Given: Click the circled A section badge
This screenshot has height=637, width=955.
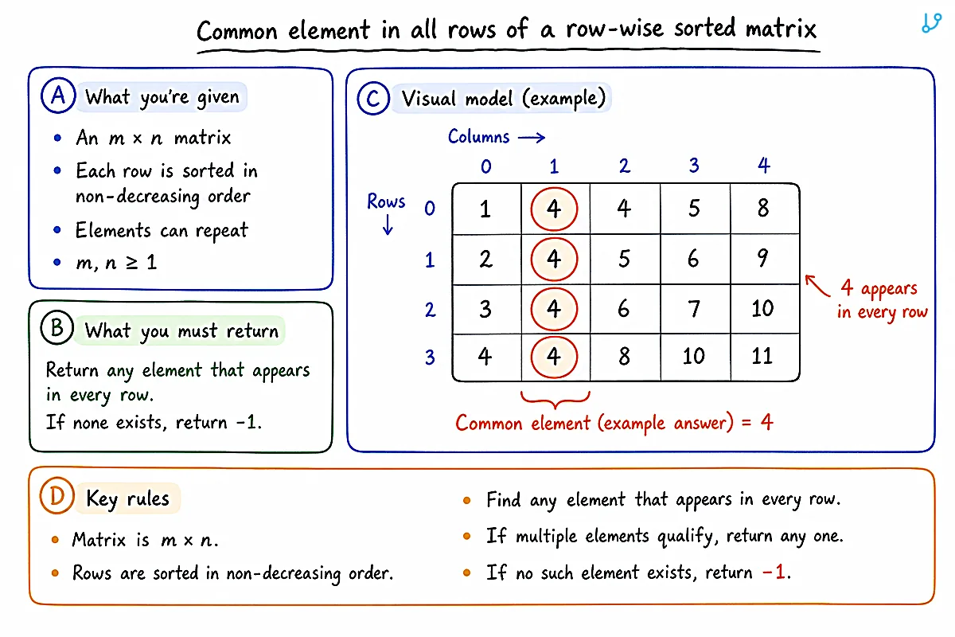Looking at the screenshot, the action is click(58, 95).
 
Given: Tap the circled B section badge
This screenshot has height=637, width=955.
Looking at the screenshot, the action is click(57, 328).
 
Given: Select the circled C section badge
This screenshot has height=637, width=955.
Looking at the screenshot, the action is click(373, 99).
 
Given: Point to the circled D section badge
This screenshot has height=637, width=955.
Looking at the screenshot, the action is click(57, 496).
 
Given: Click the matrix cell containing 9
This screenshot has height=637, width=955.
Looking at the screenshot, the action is click(765, 259).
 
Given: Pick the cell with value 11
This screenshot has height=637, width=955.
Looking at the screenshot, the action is click(765, 357).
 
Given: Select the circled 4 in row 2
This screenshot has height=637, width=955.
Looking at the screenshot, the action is click(554, 309).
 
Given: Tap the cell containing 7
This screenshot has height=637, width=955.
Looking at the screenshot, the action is click(695, 309).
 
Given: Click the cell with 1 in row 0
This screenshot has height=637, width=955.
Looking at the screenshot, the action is click(486, 209).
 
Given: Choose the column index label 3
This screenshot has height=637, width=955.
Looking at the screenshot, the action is click(694, 166).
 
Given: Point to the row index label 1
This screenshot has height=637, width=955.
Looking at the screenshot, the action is click(430, 260).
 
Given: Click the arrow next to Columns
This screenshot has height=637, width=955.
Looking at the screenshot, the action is click(532, 138).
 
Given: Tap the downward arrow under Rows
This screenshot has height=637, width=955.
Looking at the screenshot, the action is click(388, 225).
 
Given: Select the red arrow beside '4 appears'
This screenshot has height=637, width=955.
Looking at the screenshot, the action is click(817, 285).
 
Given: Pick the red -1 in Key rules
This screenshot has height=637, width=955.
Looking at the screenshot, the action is click(774, 572).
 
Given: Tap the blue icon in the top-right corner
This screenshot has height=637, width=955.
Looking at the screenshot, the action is click(931, 22).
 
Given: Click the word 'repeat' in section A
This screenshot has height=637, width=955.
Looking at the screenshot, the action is click(222, 231).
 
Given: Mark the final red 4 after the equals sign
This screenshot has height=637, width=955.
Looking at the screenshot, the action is click(766, 422).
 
